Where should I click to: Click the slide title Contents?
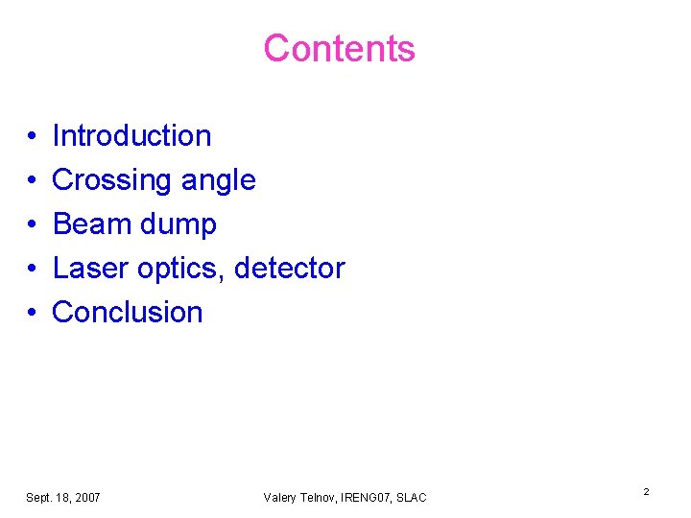click(339, 49)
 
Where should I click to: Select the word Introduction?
click(131, 136)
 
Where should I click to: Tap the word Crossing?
click(106, 180)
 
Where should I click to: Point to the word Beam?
click(88, 224)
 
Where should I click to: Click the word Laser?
click(90, 268)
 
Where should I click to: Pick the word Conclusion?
click(128, 312)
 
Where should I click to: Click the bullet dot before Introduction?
click(32, 137)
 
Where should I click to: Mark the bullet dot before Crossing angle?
click(32, 181)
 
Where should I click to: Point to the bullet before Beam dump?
click(32, 225)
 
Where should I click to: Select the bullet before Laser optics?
click(32, 270)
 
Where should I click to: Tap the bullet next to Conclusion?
click(32, 314)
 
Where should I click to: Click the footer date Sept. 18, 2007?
click(62, 497)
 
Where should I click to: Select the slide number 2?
click(646, 492)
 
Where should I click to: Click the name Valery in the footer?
click(280, 497)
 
